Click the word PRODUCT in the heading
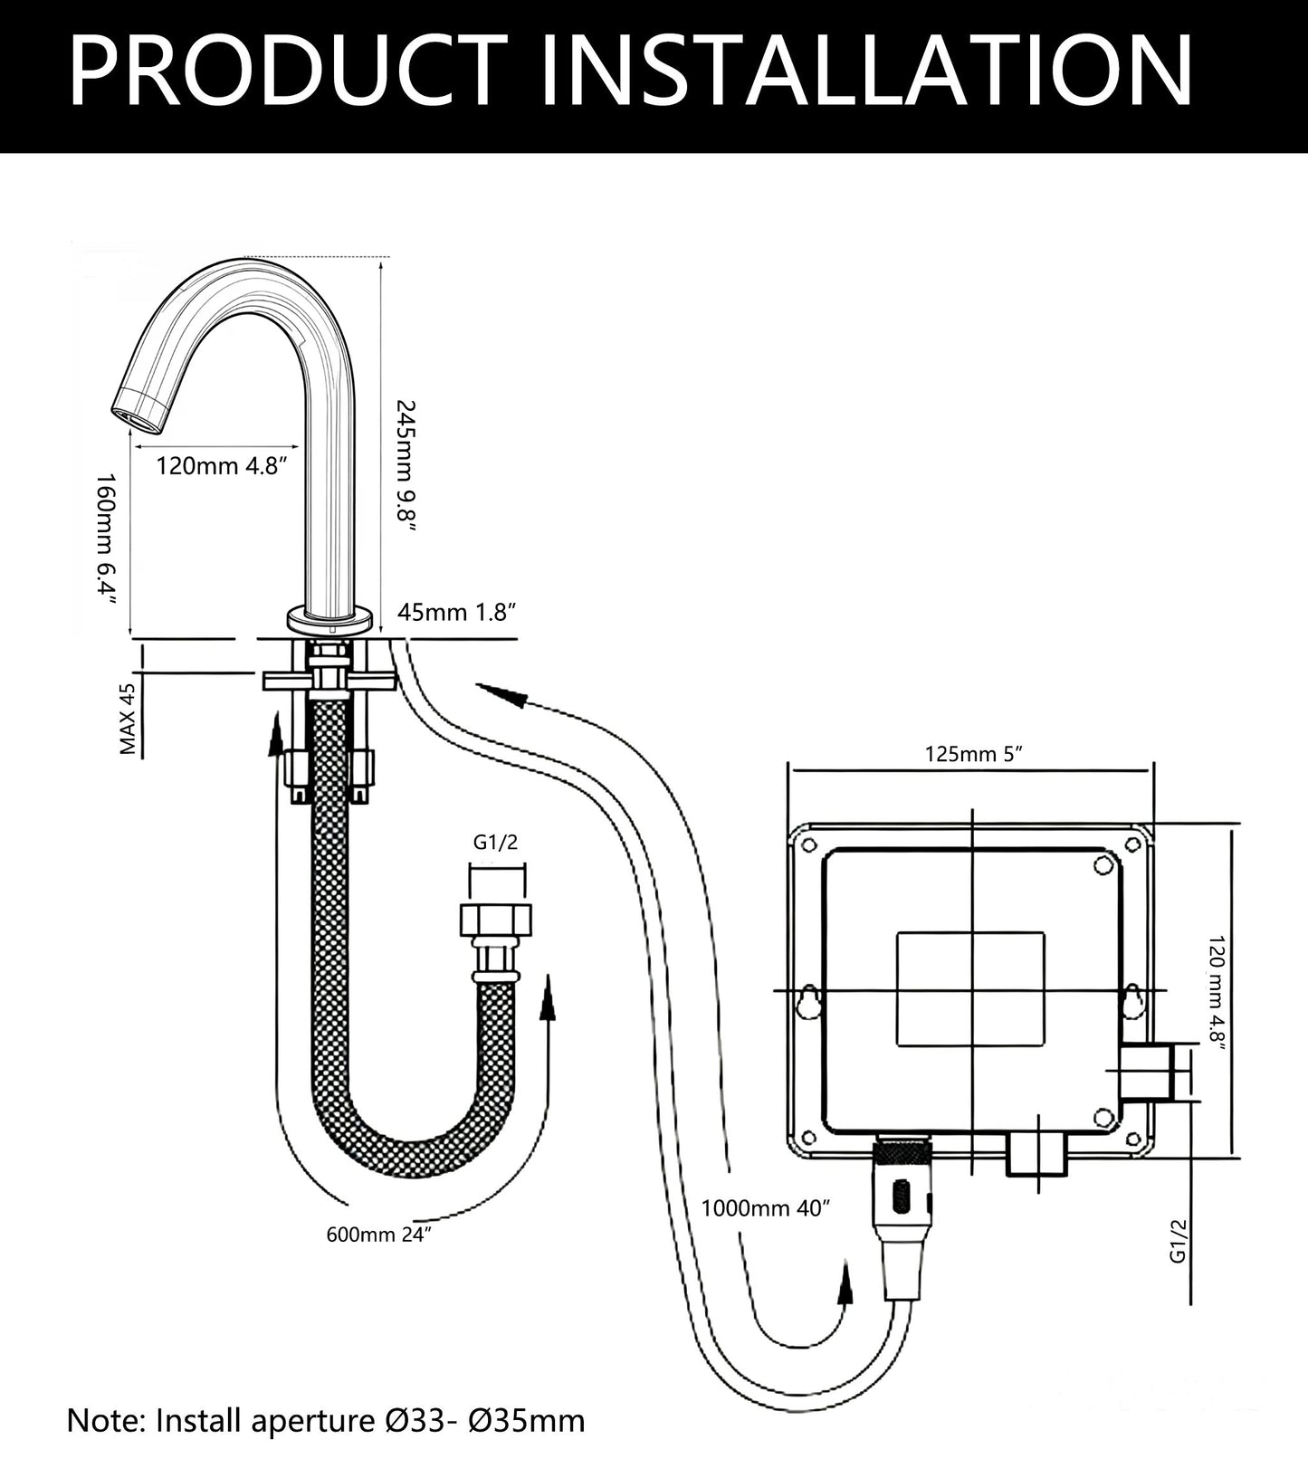tap(288, 72)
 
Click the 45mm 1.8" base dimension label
tap(456, 613)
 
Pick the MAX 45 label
tap(128, 720)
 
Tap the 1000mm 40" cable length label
tap(765, 1208)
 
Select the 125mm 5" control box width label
tap(973, 753)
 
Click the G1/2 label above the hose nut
tap(496, 843)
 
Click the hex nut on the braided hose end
tap(496, 920)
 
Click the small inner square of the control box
tap(971, 989)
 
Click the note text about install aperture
tap(326, 1420)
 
